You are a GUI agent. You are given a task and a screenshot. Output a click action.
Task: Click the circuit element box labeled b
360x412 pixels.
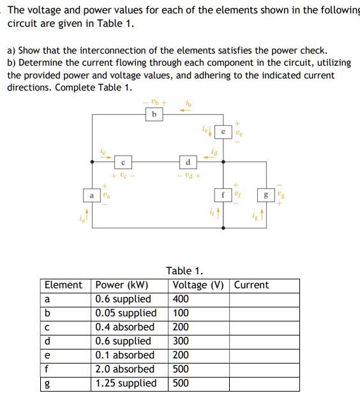click(x=154, y=115)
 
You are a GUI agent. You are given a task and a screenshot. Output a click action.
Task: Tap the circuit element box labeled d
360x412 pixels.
click(x=188, y=161)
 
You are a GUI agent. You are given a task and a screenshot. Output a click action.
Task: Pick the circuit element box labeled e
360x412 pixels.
click(x=223, y=131)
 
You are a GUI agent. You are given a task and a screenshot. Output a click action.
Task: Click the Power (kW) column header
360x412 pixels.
click(x=121, y=285)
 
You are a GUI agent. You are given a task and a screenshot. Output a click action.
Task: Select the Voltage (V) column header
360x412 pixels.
click(x=199, y=285)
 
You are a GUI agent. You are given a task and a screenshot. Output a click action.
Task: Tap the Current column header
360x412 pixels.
click(x=251, y=285)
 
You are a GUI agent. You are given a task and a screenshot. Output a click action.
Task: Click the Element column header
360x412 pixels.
click(x=63, y=285)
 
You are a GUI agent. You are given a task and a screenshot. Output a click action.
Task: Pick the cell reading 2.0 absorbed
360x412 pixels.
click(x=124, y=369)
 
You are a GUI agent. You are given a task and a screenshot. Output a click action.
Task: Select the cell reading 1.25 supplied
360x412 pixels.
click(x=126, y=383)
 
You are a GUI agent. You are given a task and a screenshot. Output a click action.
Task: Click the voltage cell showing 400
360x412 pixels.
click(x=181, y=299)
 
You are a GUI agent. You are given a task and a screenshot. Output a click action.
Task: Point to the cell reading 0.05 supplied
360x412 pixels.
click(x=126, y=313)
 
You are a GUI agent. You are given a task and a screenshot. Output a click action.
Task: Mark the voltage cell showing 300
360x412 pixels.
click(x=181, y=341)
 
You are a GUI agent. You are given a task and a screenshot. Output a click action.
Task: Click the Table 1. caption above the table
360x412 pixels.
click(x=184, y=271)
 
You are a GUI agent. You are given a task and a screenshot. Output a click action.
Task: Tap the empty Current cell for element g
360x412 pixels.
click(x=265, y=383)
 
